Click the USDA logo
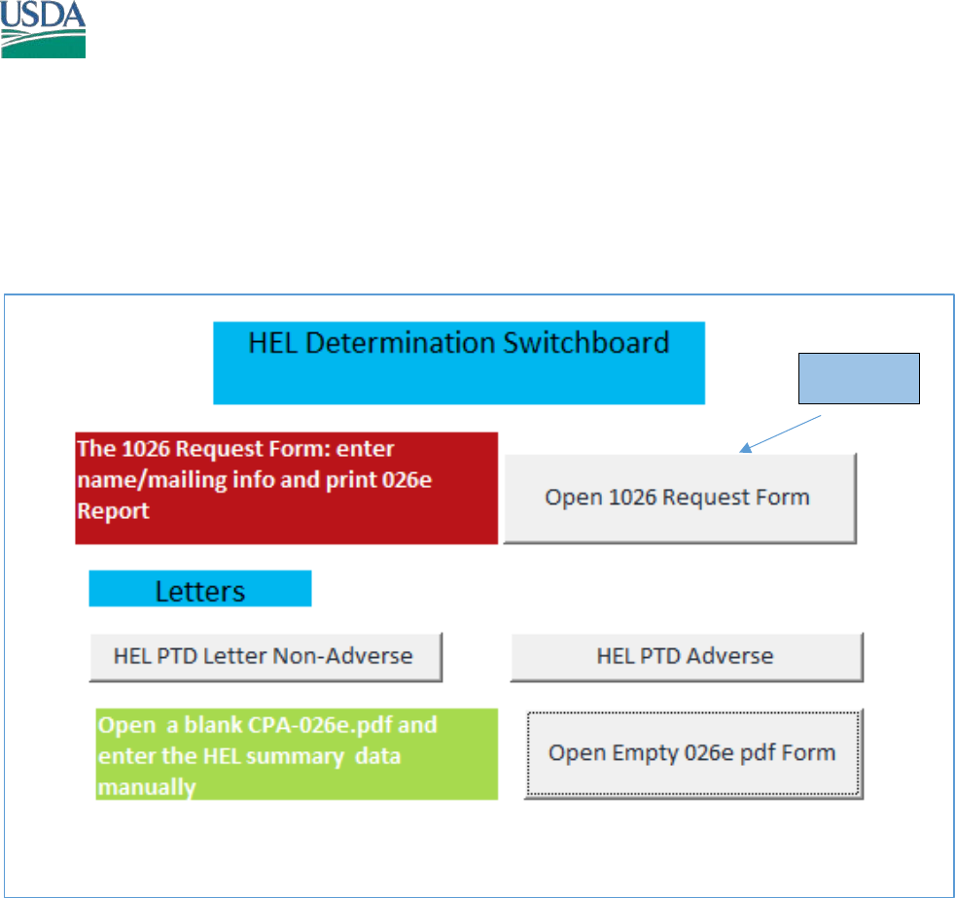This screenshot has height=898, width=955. pyautogui.click(x=43, y=29)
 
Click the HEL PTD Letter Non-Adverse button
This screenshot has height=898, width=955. pyautogui.click(x=265, y=657)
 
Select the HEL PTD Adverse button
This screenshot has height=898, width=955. pyautogui.click(x=687, y=657)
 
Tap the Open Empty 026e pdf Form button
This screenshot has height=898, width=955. pyautogui.click(x=693, y=754)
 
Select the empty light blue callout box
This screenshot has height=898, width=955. pyautogui.click(x=859, y=378)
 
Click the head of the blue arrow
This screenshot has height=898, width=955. pyautogui.click(x=744, y=449)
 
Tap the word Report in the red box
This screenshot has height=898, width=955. pyautogui.click(x=113, y=511)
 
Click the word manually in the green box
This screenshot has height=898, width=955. pyautogui.click(x=147, y=787)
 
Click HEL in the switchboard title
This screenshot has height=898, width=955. pyautogui.click(x=273, y=343)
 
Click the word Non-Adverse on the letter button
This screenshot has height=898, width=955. pyautogui.click(x=342, y=656)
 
